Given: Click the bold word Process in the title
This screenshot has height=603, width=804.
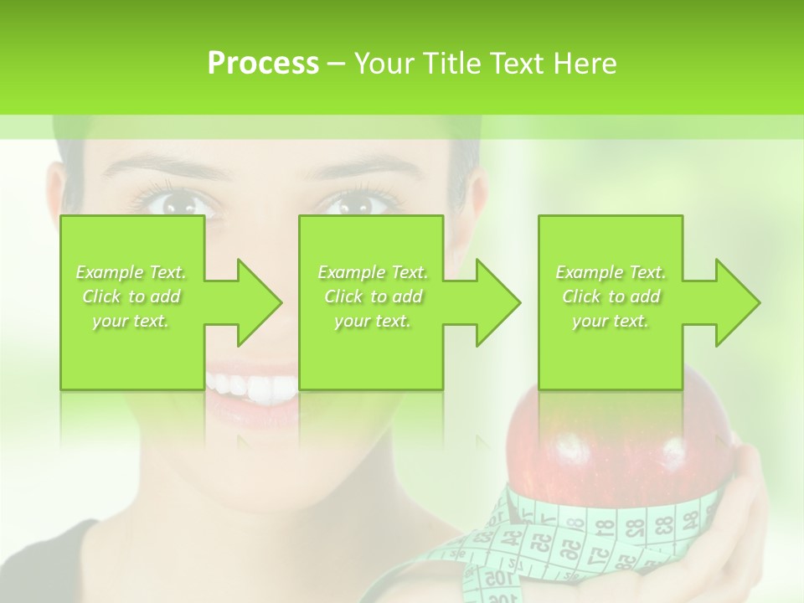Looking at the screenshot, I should click(x=263, y=64).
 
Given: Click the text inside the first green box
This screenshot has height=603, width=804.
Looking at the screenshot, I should click(x=131, y=296).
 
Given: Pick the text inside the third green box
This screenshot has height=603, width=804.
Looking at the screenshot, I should click(x=611, y=296).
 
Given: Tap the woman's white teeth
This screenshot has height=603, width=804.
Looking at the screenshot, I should click(x=251, y=386).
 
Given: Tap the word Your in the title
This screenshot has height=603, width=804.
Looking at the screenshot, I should click(x=383, y=64).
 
